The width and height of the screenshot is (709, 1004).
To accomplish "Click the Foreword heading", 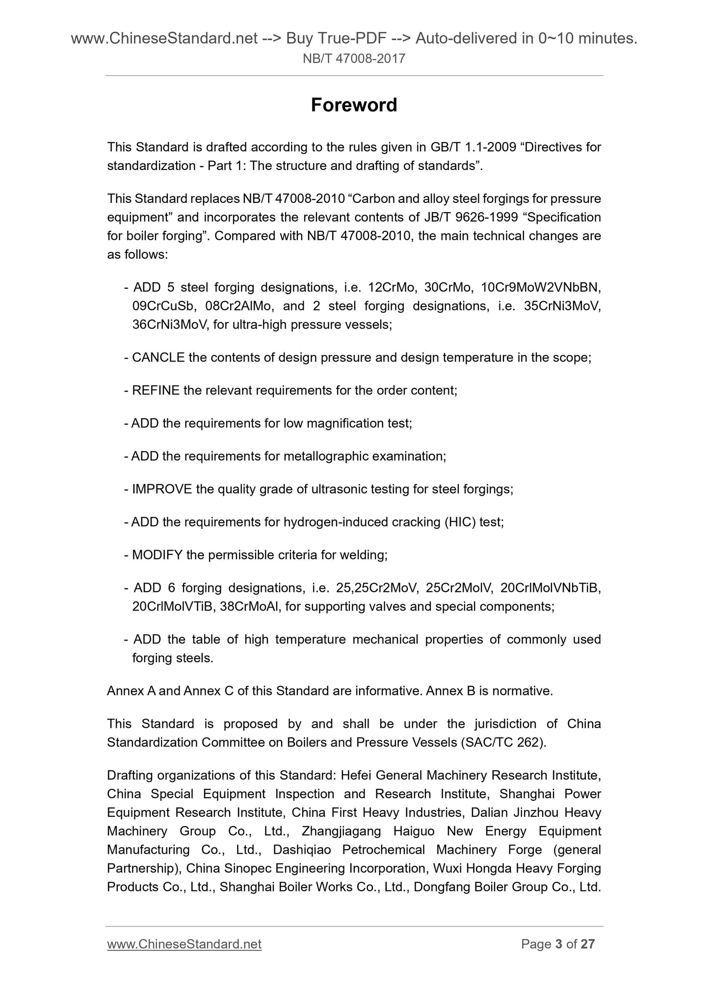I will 354,105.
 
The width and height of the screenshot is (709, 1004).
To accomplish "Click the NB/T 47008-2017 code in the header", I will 354,59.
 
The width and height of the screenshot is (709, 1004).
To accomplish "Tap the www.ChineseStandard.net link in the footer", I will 184,944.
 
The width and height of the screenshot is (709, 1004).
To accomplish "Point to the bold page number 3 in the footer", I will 558,944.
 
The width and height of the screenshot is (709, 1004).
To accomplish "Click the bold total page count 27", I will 587,944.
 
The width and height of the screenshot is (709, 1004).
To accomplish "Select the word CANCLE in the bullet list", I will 158,358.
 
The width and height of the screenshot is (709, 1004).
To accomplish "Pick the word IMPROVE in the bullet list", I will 162,489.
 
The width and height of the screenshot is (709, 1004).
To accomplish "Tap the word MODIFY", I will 157,555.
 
